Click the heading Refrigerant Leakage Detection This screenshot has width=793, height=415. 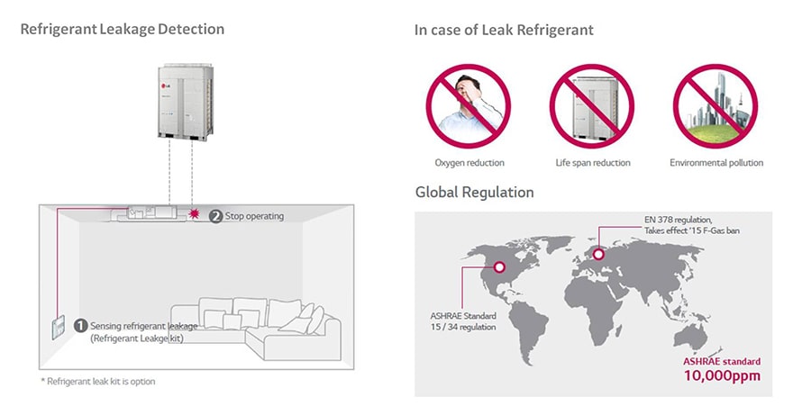[122, 30]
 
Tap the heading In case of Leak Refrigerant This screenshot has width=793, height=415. [504, 31]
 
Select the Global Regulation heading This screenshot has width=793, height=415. [474, 193]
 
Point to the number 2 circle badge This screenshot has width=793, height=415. [215, 216]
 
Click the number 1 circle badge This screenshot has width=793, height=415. [80, 325]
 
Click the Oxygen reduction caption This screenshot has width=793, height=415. [469, 163]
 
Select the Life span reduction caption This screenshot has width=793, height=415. [592, 163]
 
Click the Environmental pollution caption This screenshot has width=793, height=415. [716, 163]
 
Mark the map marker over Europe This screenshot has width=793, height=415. [597, 256]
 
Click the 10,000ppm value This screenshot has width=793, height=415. [721, 375]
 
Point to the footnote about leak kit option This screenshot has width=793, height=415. [97, 382]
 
